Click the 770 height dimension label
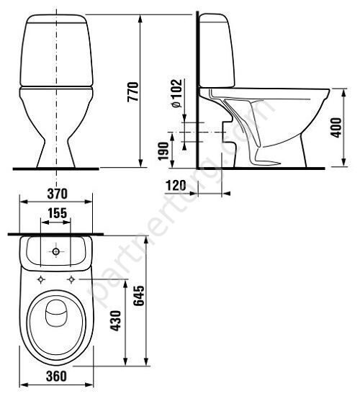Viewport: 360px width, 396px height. (133, 91)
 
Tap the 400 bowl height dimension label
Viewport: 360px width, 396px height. (336, 127)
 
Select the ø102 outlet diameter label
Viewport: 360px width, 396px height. (176, 94)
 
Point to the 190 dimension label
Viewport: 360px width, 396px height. (163, 151)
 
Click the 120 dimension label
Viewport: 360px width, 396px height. (176, 185)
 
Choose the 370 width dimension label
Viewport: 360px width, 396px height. (58, 194)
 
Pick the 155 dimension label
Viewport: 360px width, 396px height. (58, 213)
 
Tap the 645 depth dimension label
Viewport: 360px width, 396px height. (139, 296)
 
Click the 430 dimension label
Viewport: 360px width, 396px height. (116, 320)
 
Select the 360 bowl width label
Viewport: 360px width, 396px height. (56, 376)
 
